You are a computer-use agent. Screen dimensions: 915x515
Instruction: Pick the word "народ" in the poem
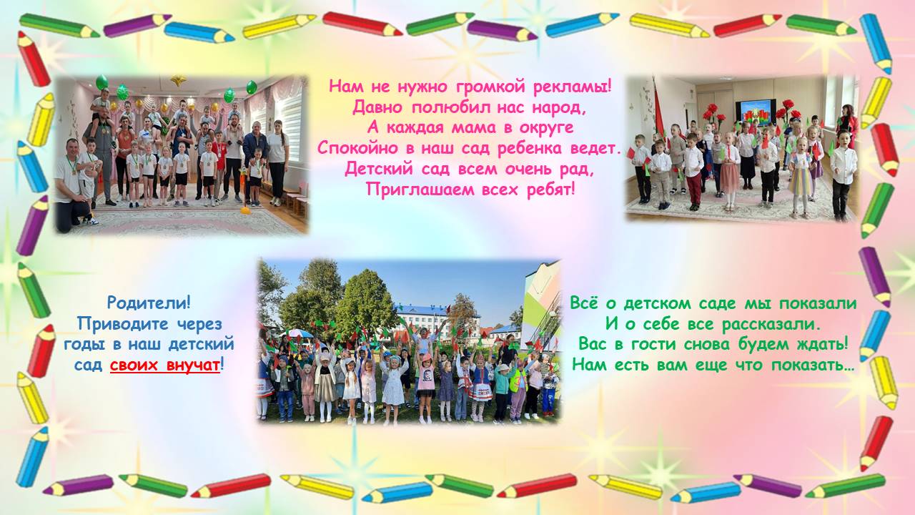pyautogui.click(x=562, y=108)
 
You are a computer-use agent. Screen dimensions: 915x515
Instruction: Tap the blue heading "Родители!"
pyautogui.click(x=149, y=303)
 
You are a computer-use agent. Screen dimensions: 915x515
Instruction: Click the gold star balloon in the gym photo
pyautogui.click(x=178, y=79)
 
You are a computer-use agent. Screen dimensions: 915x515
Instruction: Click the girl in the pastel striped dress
pyautogui.click(x=800, y=176)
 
